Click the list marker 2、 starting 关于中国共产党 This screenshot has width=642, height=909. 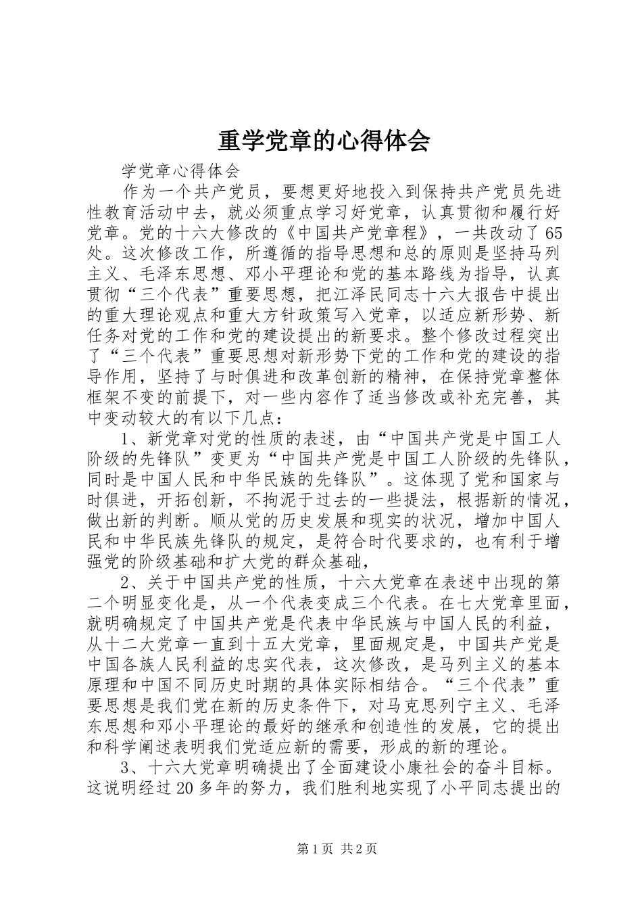click(x=130, y=584)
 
